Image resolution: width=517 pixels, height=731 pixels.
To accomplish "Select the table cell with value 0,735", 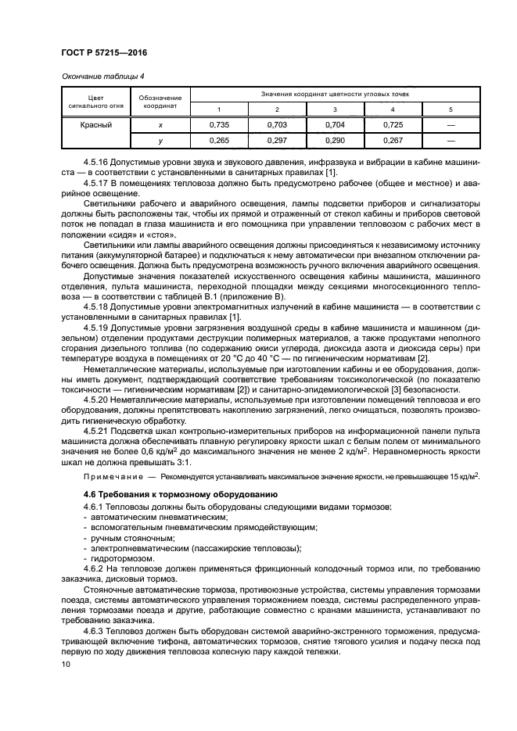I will [219, 124].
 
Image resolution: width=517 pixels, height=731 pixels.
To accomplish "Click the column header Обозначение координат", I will [161, 101].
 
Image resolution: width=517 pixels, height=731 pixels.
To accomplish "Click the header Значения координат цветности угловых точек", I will [335, 94].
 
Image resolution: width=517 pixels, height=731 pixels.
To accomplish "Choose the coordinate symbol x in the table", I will [161, 124].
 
